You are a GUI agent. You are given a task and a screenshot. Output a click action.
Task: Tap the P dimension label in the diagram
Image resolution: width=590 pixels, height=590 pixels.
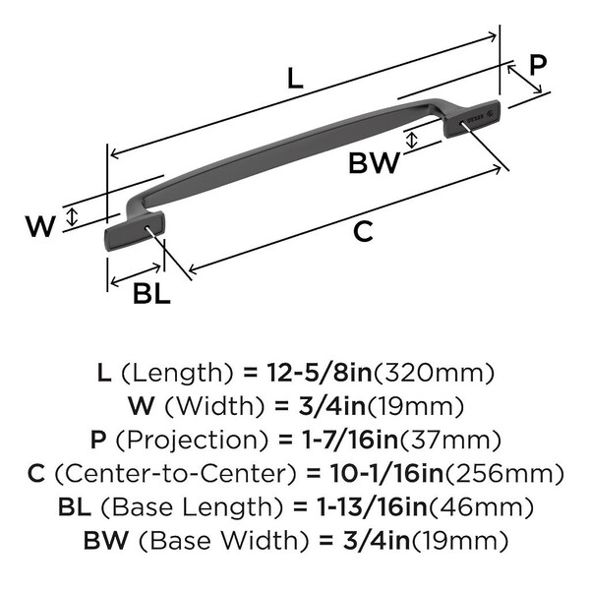coord(538,65)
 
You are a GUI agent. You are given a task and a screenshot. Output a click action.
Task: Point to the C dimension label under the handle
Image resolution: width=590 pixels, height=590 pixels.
coord(363,231)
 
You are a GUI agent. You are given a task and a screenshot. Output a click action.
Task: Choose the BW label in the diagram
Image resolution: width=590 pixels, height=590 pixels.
coord(375,162)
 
